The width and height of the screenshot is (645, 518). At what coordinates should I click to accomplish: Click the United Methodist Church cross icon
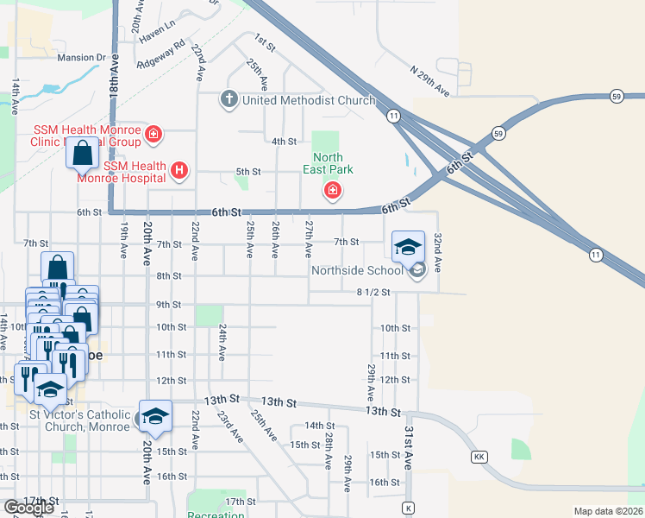(229, 99)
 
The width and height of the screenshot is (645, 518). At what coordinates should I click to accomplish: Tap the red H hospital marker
(179, 171)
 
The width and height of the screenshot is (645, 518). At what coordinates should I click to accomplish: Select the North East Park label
(328, 163)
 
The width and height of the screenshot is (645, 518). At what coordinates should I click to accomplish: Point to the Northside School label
(357, 270)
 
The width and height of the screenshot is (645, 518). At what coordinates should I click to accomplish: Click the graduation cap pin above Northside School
(408, 247)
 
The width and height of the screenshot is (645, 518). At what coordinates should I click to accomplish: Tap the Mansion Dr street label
(80, 58)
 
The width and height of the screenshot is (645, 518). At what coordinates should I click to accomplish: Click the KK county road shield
(478, 456)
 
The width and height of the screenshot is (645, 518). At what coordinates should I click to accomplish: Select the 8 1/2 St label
(373, 292)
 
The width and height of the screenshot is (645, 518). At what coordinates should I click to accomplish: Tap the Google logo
(28, 508)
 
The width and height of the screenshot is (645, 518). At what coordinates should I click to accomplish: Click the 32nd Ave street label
(438, 251)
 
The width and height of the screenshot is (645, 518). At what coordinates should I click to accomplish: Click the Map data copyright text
(609, 511)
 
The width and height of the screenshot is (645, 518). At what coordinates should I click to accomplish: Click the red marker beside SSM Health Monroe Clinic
(153, 134)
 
